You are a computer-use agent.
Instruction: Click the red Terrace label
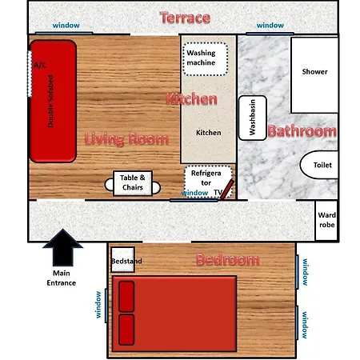(185, 18)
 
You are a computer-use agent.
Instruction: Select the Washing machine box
(206, 58)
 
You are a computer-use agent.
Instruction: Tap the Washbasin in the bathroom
(252, 118)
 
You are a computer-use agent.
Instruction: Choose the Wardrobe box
(326, 220)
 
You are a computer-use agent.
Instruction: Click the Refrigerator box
(207, 178)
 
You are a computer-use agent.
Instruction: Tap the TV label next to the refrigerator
(217, 193)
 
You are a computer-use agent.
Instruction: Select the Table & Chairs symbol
(132, 183)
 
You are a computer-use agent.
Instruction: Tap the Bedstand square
(122, 261)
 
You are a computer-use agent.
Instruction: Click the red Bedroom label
(228, 260)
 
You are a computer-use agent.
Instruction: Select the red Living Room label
(126, 140)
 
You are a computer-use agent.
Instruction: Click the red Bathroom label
(301, 131)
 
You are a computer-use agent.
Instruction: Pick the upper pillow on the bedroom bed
(126, 296)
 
